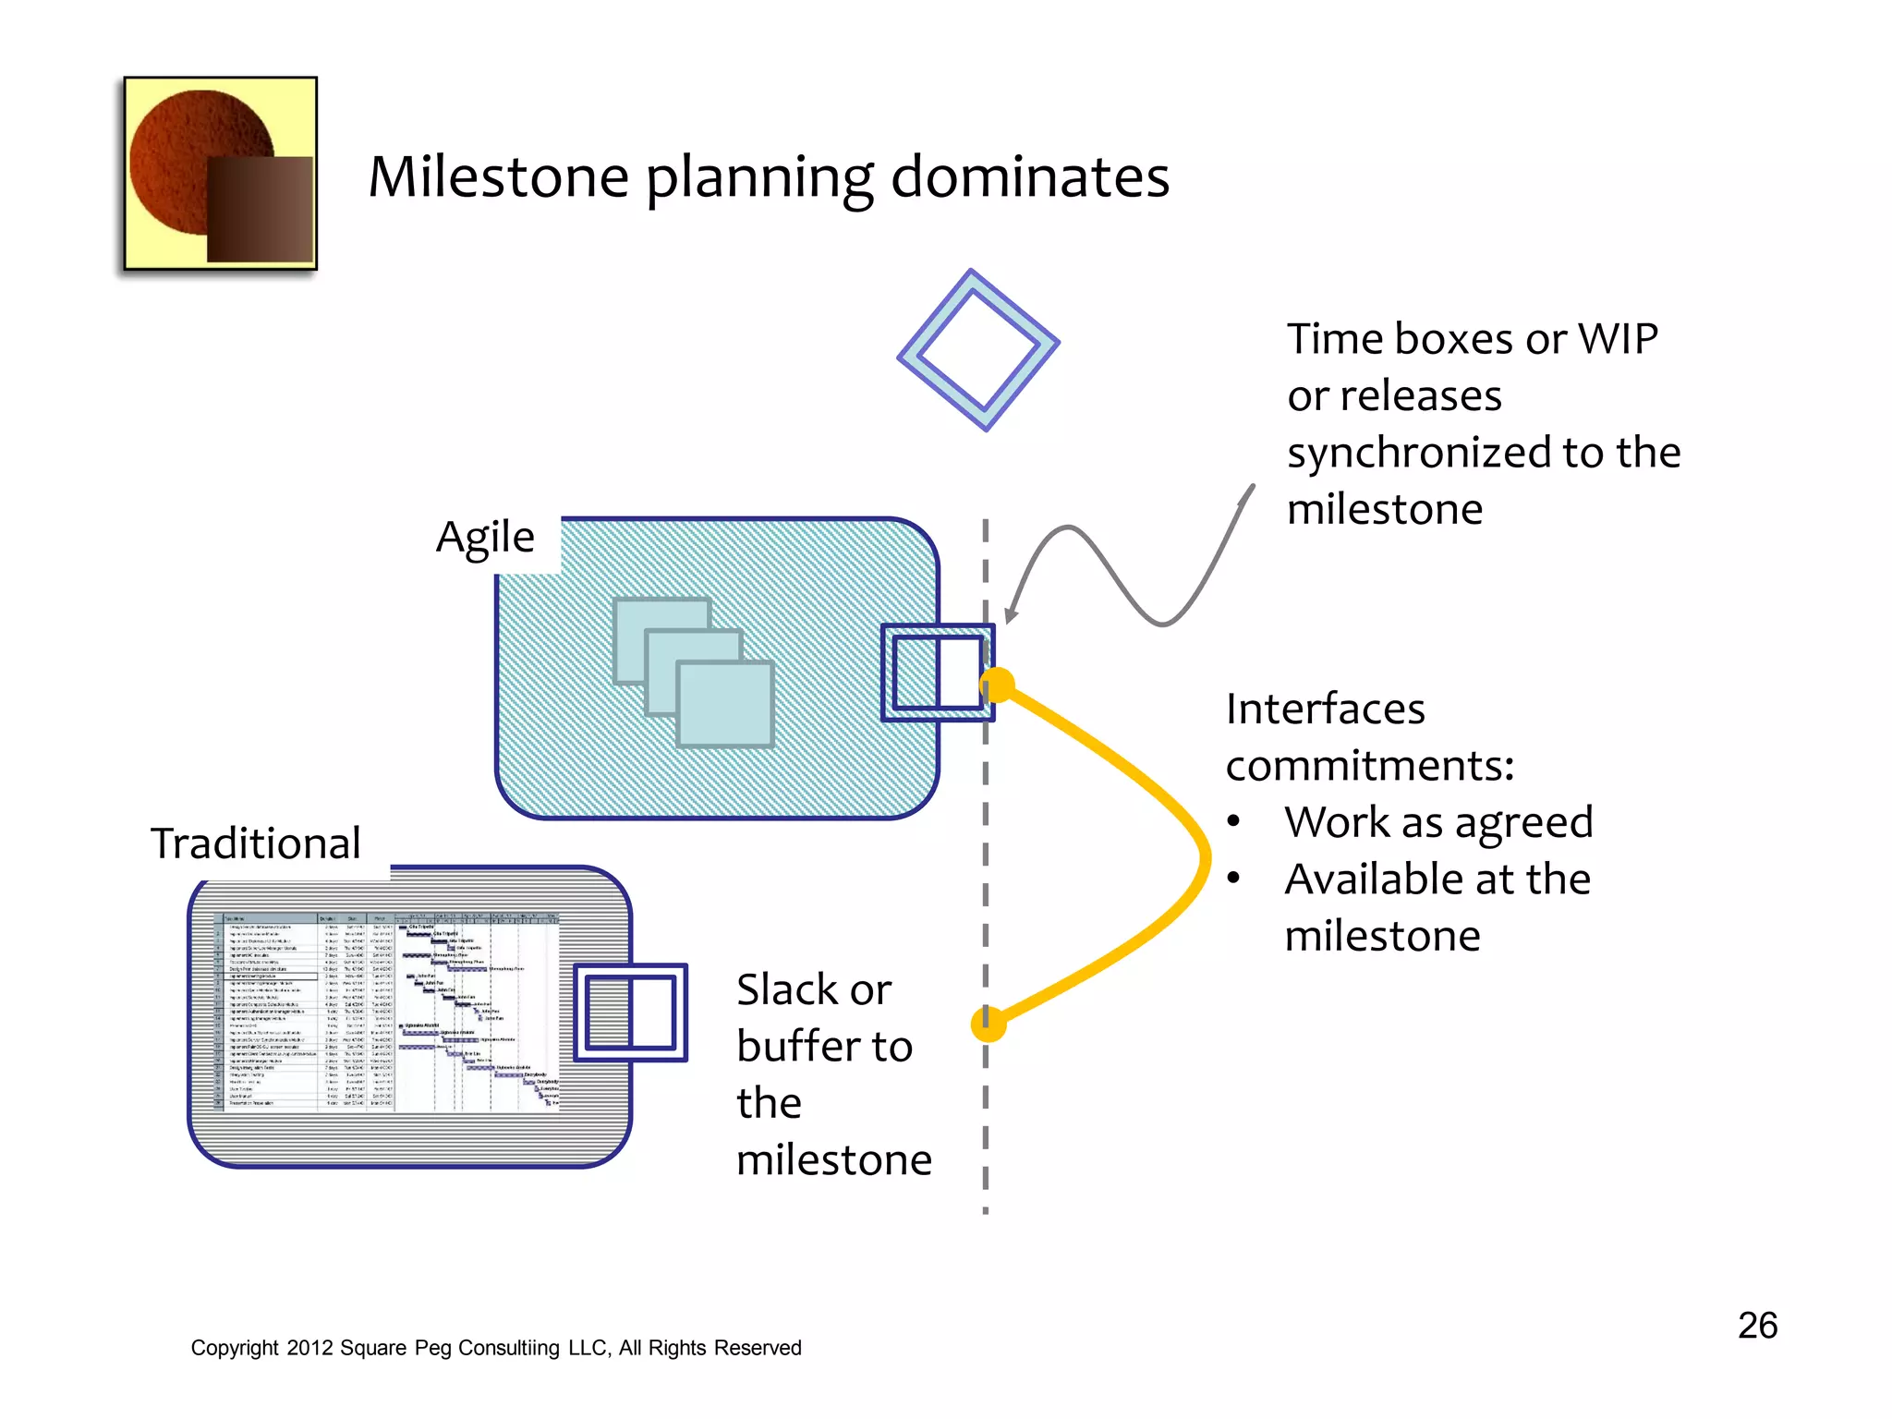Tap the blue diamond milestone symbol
coord(978,350)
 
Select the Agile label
coord(485,538)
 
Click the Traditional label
coord(256,843)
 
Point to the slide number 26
coord(1757,1325)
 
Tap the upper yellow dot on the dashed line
coord(997,685)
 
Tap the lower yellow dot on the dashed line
coord(988,1024)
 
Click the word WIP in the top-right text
coord(1618,339)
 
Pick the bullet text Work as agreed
coord(1437,822)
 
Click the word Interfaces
coord(1325,709)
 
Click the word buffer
coord(800,1047)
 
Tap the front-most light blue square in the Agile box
coord(725,704)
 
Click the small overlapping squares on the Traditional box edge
coord(631,1013)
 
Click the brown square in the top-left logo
coord(260,209)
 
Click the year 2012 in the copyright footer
coord(309,1348)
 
